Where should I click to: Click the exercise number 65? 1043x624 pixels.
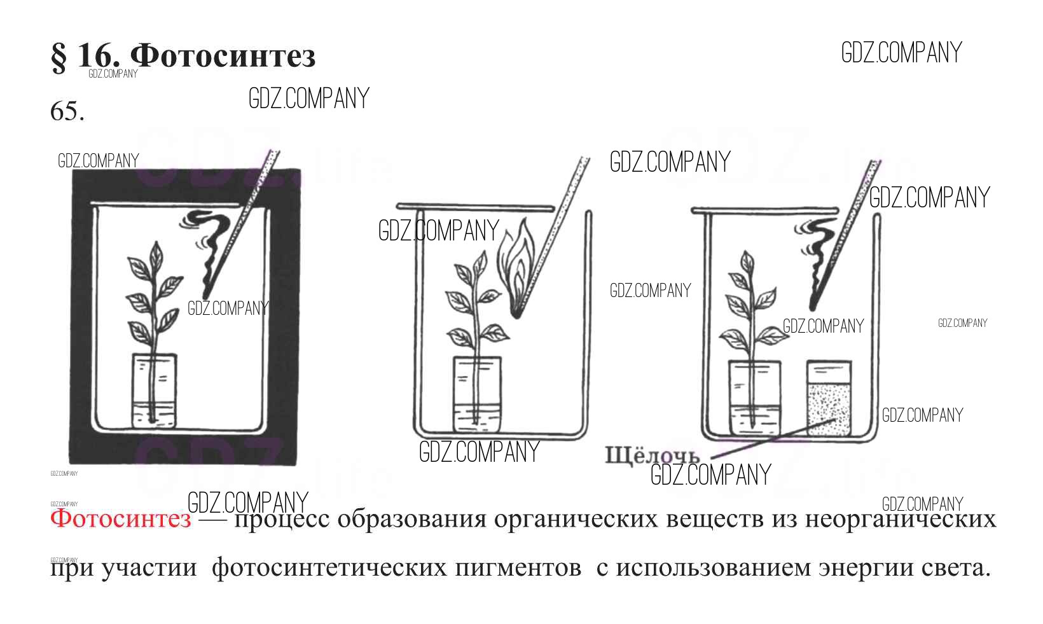[x=66, y=112]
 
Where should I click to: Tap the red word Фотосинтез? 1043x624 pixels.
[x=120, y=518]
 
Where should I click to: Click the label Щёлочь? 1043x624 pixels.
[x=651, y=455]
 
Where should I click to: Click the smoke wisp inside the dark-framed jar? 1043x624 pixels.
[x=207, y=248]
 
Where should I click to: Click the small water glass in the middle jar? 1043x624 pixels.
[x=476, y=394]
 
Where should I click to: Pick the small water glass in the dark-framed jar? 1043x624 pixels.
[x=154, y=390]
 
